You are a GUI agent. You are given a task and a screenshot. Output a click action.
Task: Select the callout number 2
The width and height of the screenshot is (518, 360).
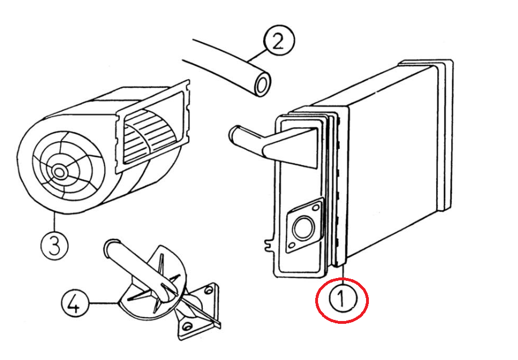coord(279,40)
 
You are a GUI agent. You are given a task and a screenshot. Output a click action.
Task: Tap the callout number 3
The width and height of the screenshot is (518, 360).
coord(55,246)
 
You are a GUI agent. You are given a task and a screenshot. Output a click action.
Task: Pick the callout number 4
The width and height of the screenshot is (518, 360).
coord(75,303)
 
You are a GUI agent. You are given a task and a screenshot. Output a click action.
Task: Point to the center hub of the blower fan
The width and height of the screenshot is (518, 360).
coord(59,172)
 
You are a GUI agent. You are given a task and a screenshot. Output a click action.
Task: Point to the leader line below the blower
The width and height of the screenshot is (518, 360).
coord(54,222)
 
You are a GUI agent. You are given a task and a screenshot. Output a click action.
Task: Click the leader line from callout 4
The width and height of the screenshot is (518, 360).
coord(103,303)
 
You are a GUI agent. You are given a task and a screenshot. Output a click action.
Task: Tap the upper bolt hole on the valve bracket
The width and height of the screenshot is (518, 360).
coord(208,291)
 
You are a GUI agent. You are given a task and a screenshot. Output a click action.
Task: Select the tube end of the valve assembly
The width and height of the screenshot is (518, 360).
coord(110,247)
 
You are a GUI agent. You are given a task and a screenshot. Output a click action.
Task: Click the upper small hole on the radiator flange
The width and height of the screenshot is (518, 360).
coord(316,207)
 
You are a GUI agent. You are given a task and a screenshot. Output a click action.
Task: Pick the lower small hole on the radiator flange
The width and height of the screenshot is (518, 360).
coord(291,246)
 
